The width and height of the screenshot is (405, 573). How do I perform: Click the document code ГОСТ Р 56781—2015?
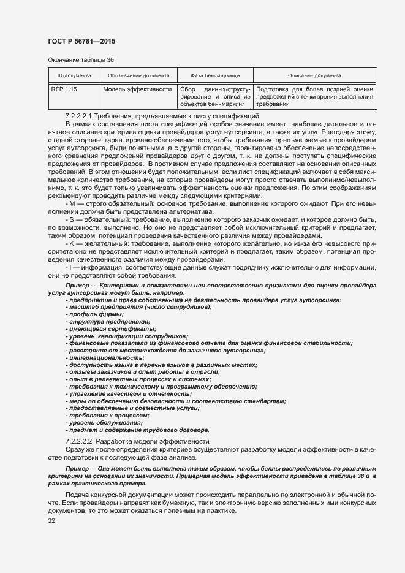[x=81, y=40]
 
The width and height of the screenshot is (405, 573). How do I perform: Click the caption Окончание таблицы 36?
[x=80, y=59]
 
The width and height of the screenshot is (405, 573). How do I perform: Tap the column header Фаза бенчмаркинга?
[x=214, y=75]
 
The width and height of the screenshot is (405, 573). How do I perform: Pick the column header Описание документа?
[x=314, y=75]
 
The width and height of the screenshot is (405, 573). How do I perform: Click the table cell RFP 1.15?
[x=64, y=89]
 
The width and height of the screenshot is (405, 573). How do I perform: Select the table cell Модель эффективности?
[x=137, y=89]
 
